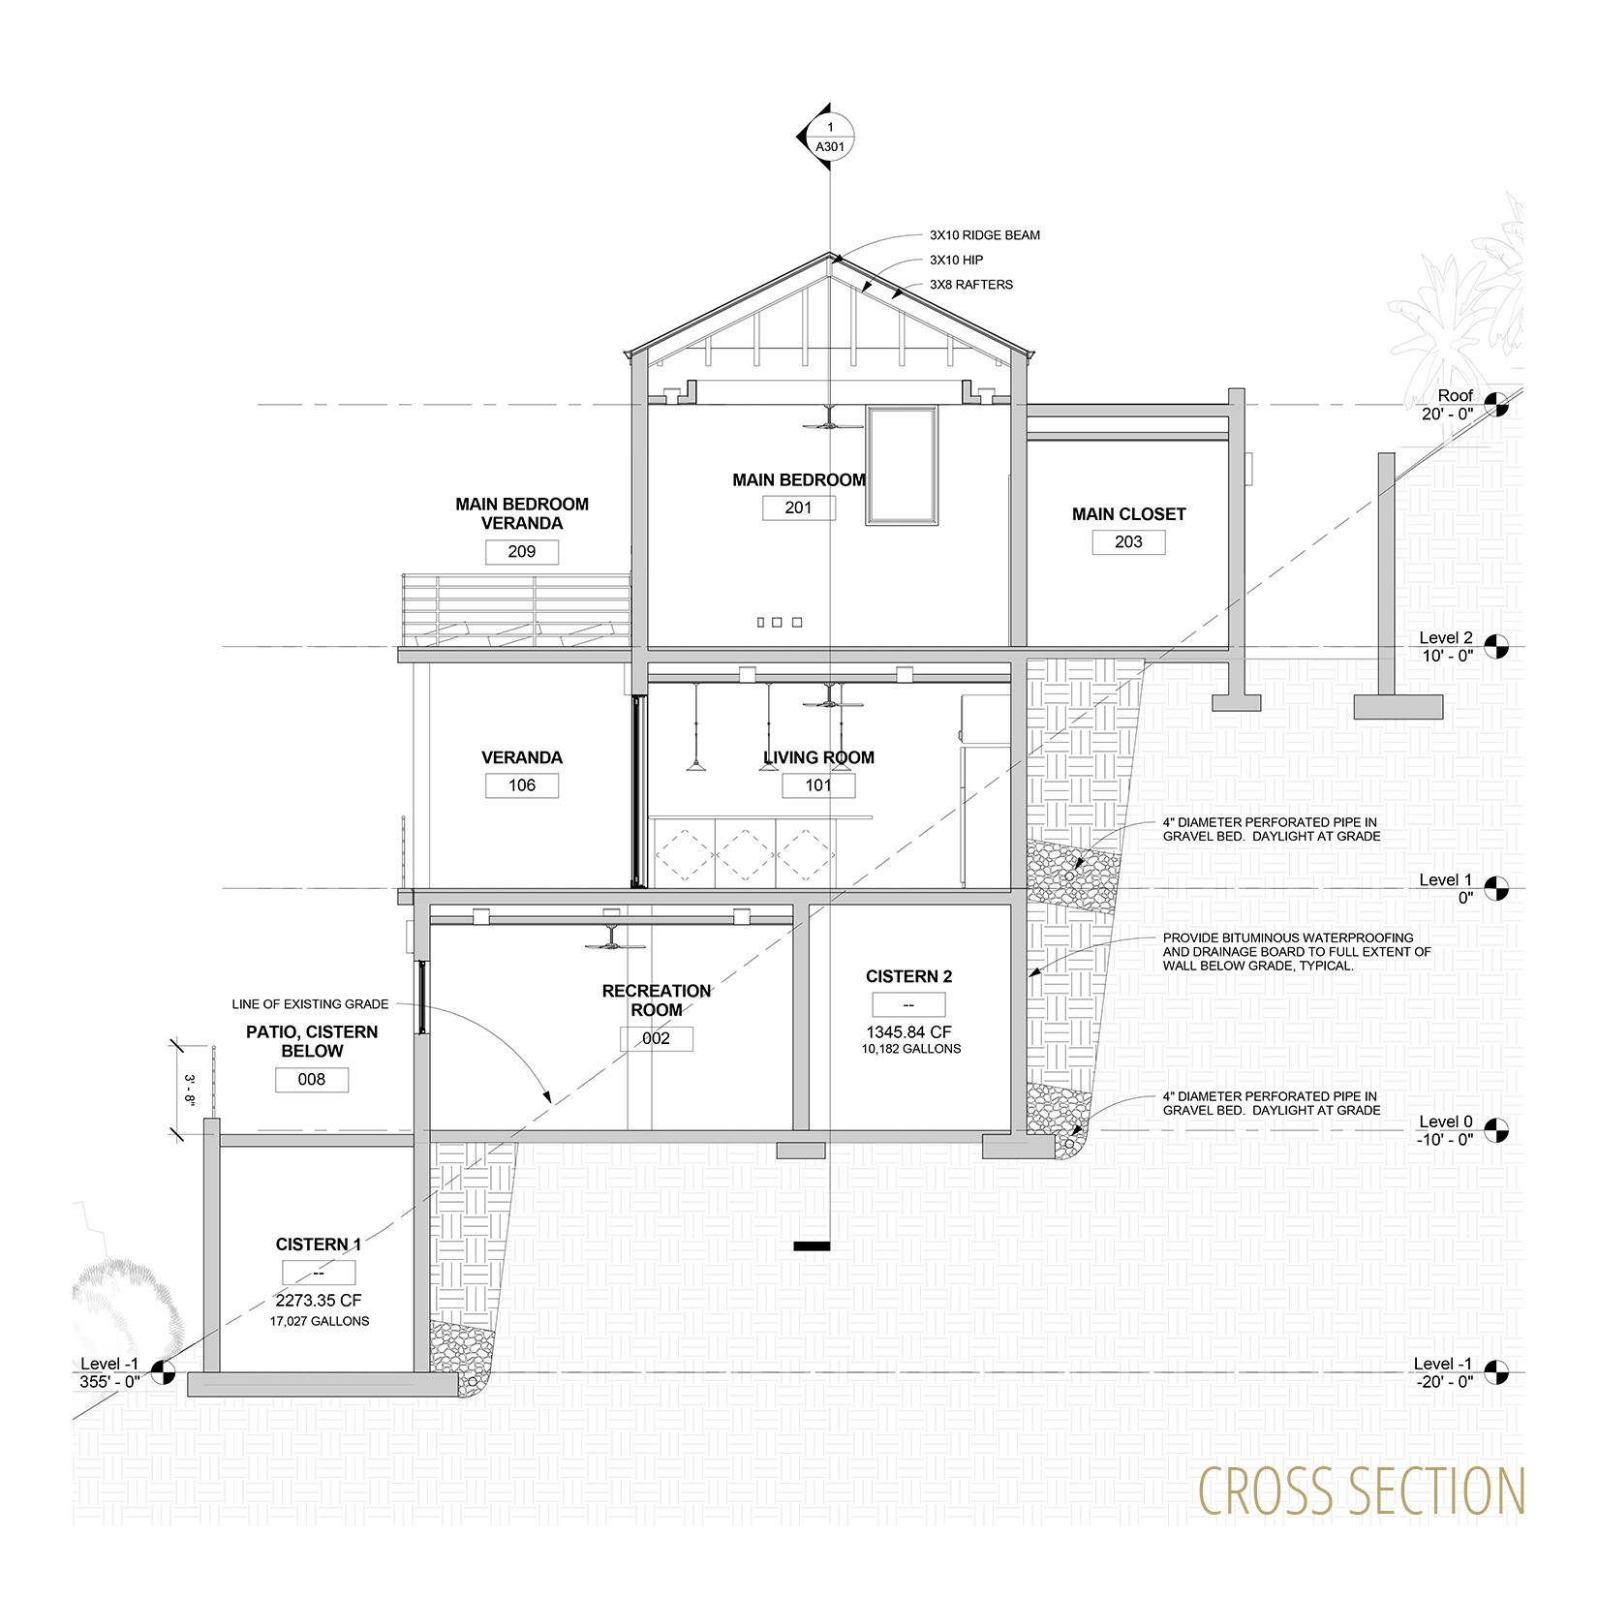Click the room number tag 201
(x=799, y=507)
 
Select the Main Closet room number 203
(x=1128, y=542)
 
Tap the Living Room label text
(x=818, y=757)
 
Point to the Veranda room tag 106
(x=522, y=785)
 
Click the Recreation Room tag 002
(x=657, y=1038)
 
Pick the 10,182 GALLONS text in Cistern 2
(x=911, y=1049)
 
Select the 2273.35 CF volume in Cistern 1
(x=319, y=1301)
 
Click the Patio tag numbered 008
(x=312, y=1080)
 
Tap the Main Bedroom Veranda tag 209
(x=522, y=552)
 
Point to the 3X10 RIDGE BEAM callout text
(x=985, y=235)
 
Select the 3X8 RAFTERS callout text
(x=971, y=285)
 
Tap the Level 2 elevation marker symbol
(x=1497, y=646)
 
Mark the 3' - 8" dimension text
(x=191, y=1089)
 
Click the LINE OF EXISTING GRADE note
(x=310, y=1004)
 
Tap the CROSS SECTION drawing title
(x=1362, y=1491)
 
